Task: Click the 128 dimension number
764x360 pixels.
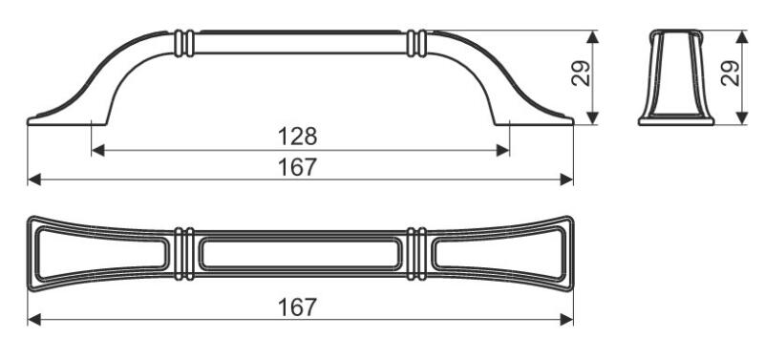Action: pos(297,137)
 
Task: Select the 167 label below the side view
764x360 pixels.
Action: pos(297,167)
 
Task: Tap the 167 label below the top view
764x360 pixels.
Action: pos(297,307)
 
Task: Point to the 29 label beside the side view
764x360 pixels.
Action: pos(581,74)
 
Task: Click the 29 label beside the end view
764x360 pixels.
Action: pos(730,74)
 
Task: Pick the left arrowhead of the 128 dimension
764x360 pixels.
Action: pos(98,151)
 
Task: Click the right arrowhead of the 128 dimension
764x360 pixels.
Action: pos(503,151)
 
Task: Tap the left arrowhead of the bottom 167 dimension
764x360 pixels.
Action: pos(34,320)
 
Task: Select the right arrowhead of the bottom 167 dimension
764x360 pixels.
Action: pos(566,320)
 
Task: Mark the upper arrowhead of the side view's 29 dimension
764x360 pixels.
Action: pos(592,37)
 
